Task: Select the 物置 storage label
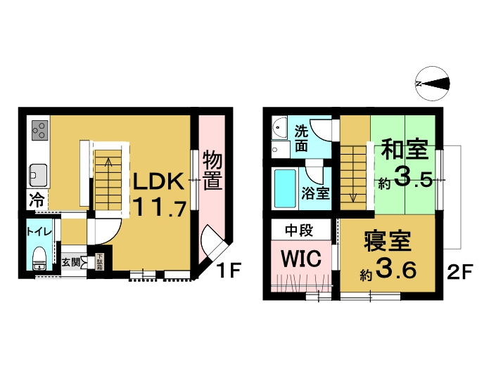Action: click(212, 170)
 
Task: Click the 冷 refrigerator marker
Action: click(35, 200)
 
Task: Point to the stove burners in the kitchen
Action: click(39, 130)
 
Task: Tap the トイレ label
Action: click(38, 231)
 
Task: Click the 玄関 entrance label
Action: click(70, 262)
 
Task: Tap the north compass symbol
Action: click(432, 84)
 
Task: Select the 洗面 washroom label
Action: click(301, 138)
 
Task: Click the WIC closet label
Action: click(301, 258)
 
